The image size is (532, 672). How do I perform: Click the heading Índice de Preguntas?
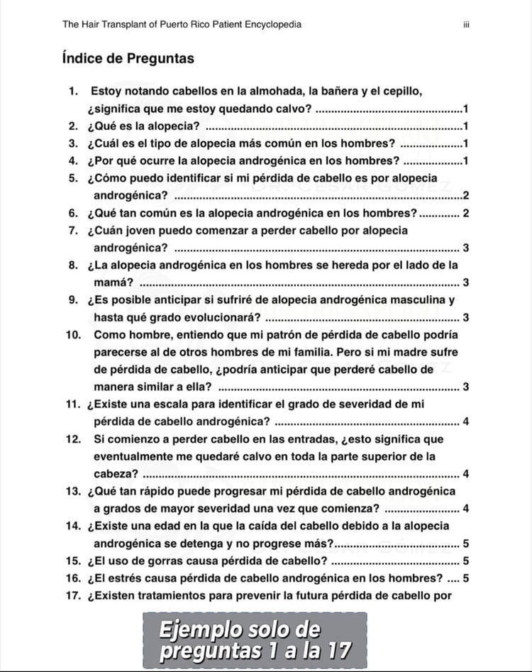pyautogui.click(x=128, y=58)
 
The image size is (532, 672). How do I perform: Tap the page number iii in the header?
pyautogui.click(x=465, y=25)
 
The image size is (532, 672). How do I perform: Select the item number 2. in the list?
pyautogui.click(x=73, y=126)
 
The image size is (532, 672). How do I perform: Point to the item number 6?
pyautogui.click(x=73, y=213)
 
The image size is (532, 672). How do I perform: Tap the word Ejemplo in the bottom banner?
pyautogui.click(x=199, y=629)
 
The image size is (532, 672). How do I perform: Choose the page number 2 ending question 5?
pyautogui.click(x=465, y=195)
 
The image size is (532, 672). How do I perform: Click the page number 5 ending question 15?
pyautogui.click(x=465, y=561)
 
